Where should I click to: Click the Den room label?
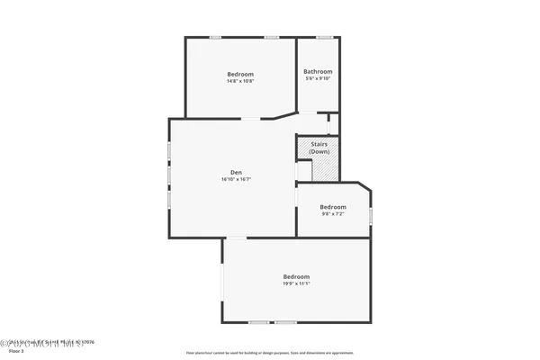(x=236, y=172)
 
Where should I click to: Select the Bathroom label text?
(x=318, y=72)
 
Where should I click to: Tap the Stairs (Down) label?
(x=319, y=148)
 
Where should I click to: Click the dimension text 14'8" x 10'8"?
(x=240, y=81)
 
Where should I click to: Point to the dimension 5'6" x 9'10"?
(x=318, y=79)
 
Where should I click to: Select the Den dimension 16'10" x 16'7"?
(x=236, y=179)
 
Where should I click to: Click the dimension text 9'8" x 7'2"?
(x=333, y=214)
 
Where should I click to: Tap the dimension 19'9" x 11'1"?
(x=296, y=283)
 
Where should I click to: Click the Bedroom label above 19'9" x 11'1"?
(x=296, y=276)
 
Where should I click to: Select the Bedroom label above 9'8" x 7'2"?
(x=333, y=207)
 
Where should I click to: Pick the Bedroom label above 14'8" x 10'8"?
(x=240, y=74)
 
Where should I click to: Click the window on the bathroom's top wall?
(x=324, y=37)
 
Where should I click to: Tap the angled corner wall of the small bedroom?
(x=364, y=188)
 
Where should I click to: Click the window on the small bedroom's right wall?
(x=370, y=216)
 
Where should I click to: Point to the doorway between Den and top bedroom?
(x=251, y=118)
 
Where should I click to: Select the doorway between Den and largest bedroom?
(x=236, y=238)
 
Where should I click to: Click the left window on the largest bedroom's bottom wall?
(x=258, y=322)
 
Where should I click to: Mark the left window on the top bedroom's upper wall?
(x=216, y=37)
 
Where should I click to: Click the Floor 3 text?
(x=15, y=353)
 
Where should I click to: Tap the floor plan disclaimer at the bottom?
(x=270, y=353)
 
